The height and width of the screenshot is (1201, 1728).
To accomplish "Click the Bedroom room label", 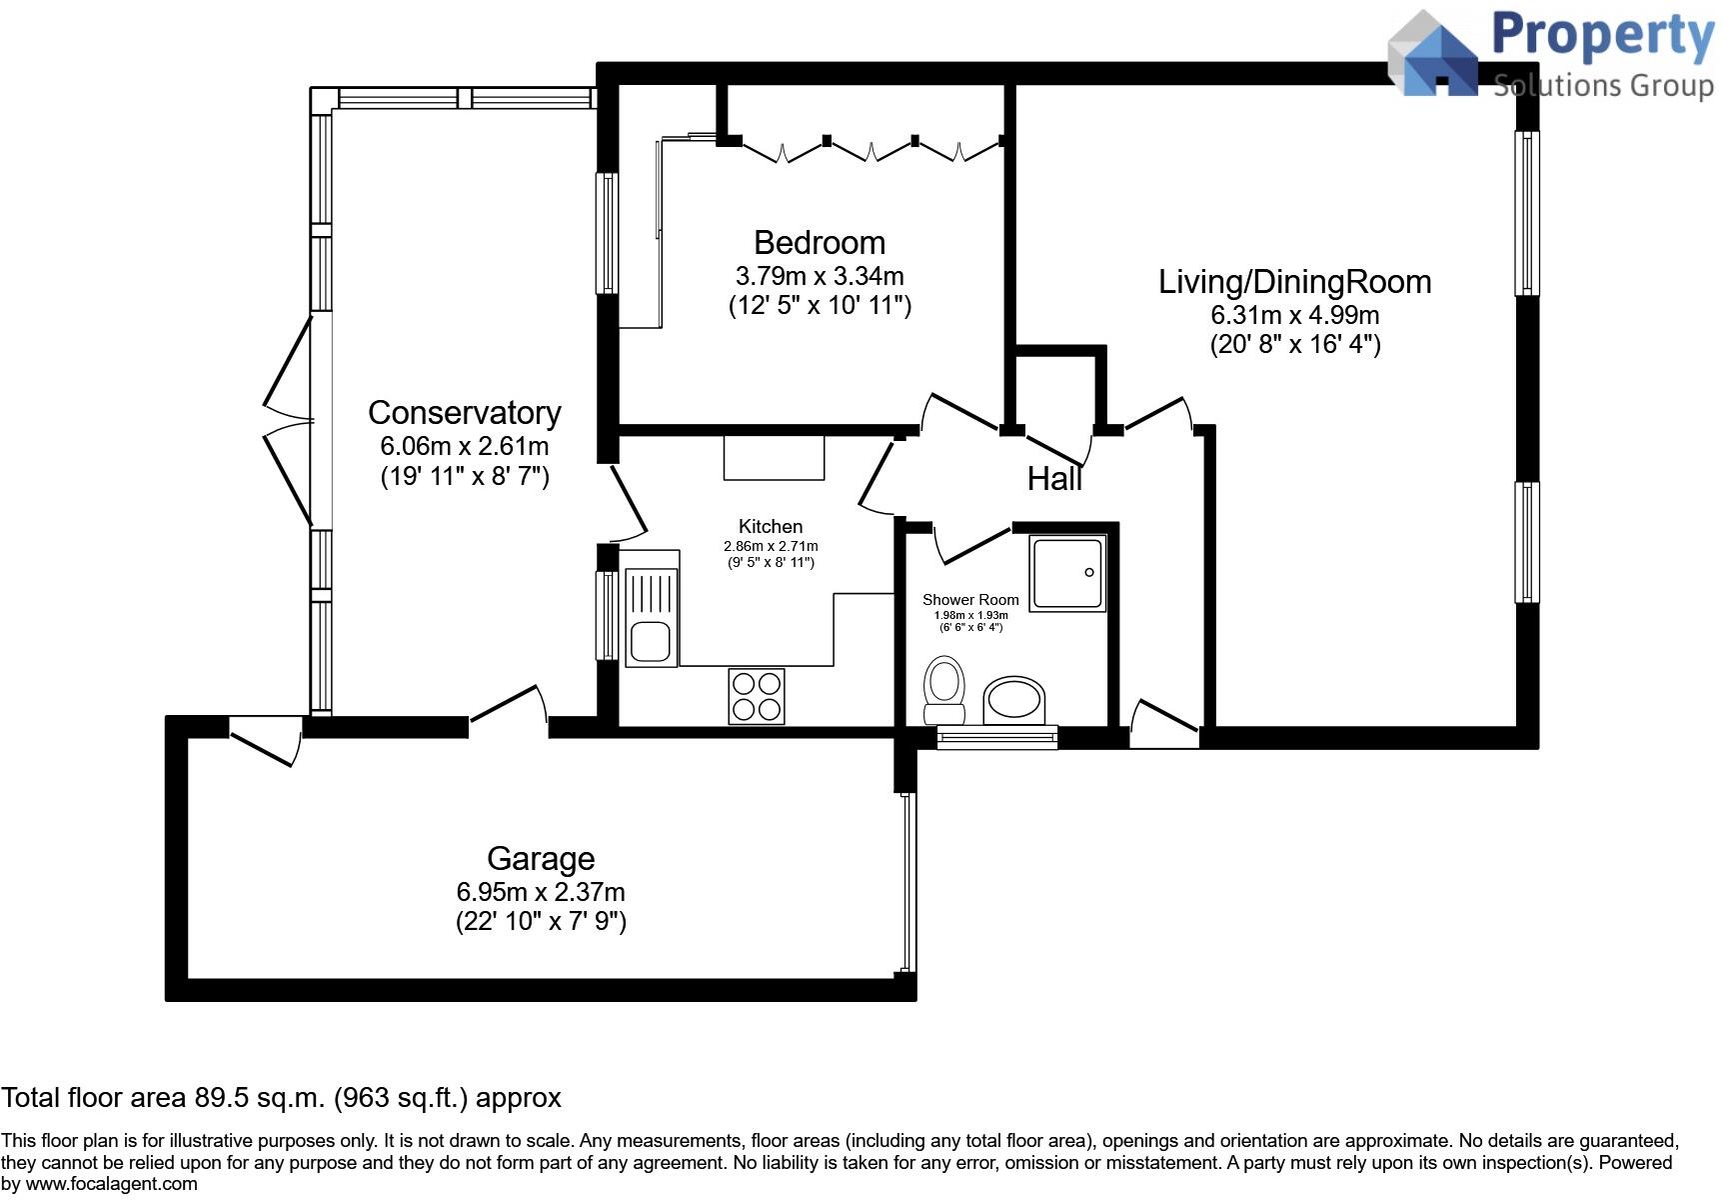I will (x=819, y=243).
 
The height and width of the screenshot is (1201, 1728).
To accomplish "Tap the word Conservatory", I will (x=464, y=413).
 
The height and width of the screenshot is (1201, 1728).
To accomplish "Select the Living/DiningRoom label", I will (x=1294, y=282).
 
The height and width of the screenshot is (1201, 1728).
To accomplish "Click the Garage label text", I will (x=541, y=859).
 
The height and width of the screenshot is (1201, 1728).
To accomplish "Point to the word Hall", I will (x=1054, y=480).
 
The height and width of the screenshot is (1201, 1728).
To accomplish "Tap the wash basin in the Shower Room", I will (x=1014, y=700).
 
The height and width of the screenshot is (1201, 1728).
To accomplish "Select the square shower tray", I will (x=1068, y=573).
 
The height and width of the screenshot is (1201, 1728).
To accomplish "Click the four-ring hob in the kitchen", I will (x=757, y=696).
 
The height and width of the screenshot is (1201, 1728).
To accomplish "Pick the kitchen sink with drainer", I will (x=650, y=615).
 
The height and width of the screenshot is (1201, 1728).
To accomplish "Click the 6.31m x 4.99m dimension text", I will (x=1294, y=316).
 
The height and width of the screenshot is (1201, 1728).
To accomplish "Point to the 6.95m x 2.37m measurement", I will (x=541, y=892).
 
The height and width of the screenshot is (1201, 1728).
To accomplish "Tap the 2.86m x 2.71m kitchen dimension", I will (x=771, y=546).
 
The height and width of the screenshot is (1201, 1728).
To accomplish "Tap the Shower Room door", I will (x=969, y=543).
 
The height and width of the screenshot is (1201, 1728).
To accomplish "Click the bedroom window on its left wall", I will (x=607, y=233).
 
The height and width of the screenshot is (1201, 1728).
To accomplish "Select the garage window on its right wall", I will (x=906, y=883).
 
